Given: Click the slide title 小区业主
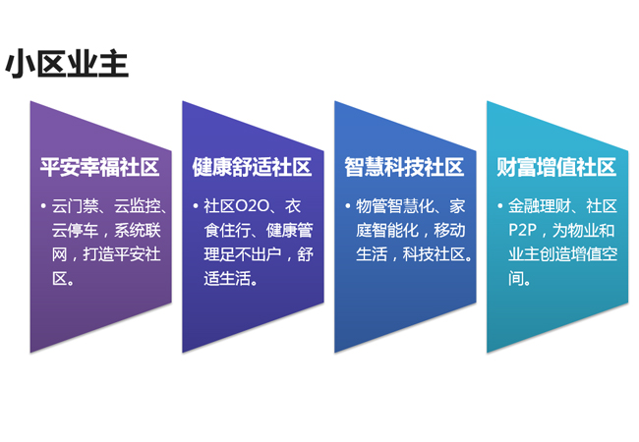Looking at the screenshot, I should coord(68,63).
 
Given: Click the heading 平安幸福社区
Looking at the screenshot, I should coord(99,167).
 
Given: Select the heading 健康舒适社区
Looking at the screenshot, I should coord(252,167).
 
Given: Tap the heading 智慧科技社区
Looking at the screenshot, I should coord(404,167).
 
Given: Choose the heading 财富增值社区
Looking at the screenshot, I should coord(556,167).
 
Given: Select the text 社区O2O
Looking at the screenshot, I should coord(237,207).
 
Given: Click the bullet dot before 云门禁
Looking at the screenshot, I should coord(44,207).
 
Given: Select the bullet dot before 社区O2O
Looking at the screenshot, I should coord(197,207).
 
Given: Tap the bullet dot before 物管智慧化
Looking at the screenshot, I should coord(348,207).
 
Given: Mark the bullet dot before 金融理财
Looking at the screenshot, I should coord(500,207).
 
